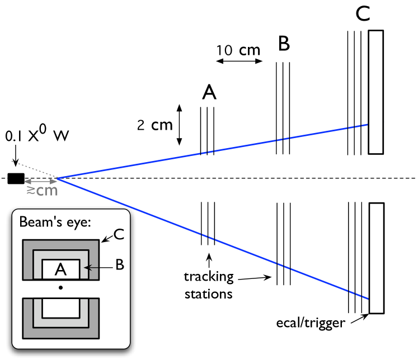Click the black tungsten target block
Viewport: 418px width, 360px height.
[16, 179]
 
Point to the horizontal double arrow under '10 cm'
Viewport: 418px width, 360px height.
[239, 63]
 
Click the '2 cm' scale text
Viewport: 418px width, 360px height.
[154, 125]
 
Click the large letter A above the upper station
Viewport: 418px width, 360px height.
[209, 93]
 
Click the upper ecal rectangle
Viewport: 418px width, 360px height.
[376, 92]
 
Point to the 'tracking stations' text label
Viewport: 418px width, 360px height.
[209, 285]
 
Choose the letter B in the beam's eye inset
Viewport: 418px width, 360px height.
[119, 267]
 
